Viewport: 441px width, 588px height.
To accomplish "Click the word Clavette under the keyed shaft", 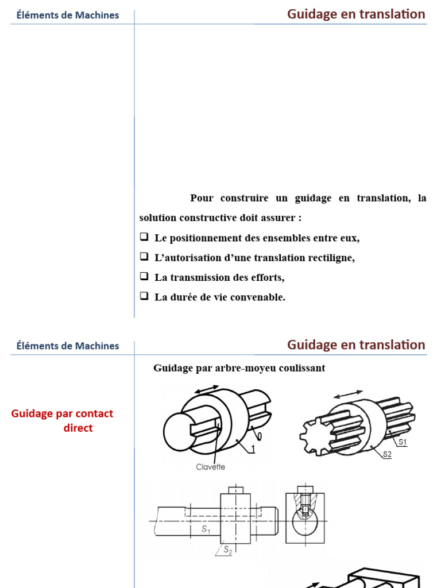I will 210,467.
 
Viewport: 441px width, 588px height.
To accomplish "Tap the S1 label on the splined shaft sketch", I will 403,442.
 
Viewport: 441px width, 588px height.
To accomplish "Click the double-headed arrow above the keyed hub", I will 207,390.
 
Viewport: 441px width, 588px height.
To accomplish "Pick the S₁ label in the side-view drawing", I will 206,530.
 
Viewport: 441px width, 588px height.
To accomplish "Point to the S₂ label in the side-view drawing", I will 227,550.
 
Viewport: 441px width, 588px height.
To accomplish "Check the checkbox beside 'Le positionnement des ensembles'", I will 144,237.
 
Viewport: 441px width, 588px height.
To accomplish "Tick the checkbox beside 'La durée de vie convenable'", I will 144,297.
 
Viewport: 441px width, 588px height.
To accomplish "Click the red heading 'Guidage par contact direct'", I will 62,420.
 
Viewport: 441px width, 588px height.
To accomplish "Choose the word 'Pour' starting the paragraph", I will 202,198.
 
